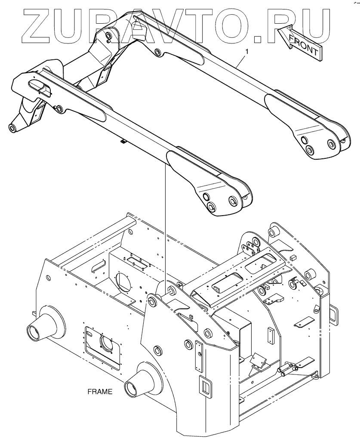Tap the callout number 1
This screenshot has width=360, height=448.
[246, 51]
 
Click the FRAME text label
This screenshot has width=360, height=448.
[99, 392]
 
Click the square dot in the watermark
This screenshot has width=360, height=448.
[259, 39]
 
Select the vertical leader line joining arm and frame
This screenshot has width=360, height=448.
[165, 224]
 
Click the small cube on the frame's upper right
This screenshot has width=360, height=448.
[293, 257]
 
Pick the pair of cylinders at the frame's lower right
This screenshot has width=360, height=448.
[288, 368]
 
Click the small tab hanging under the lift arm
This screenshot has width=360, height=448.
[122, 141]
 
